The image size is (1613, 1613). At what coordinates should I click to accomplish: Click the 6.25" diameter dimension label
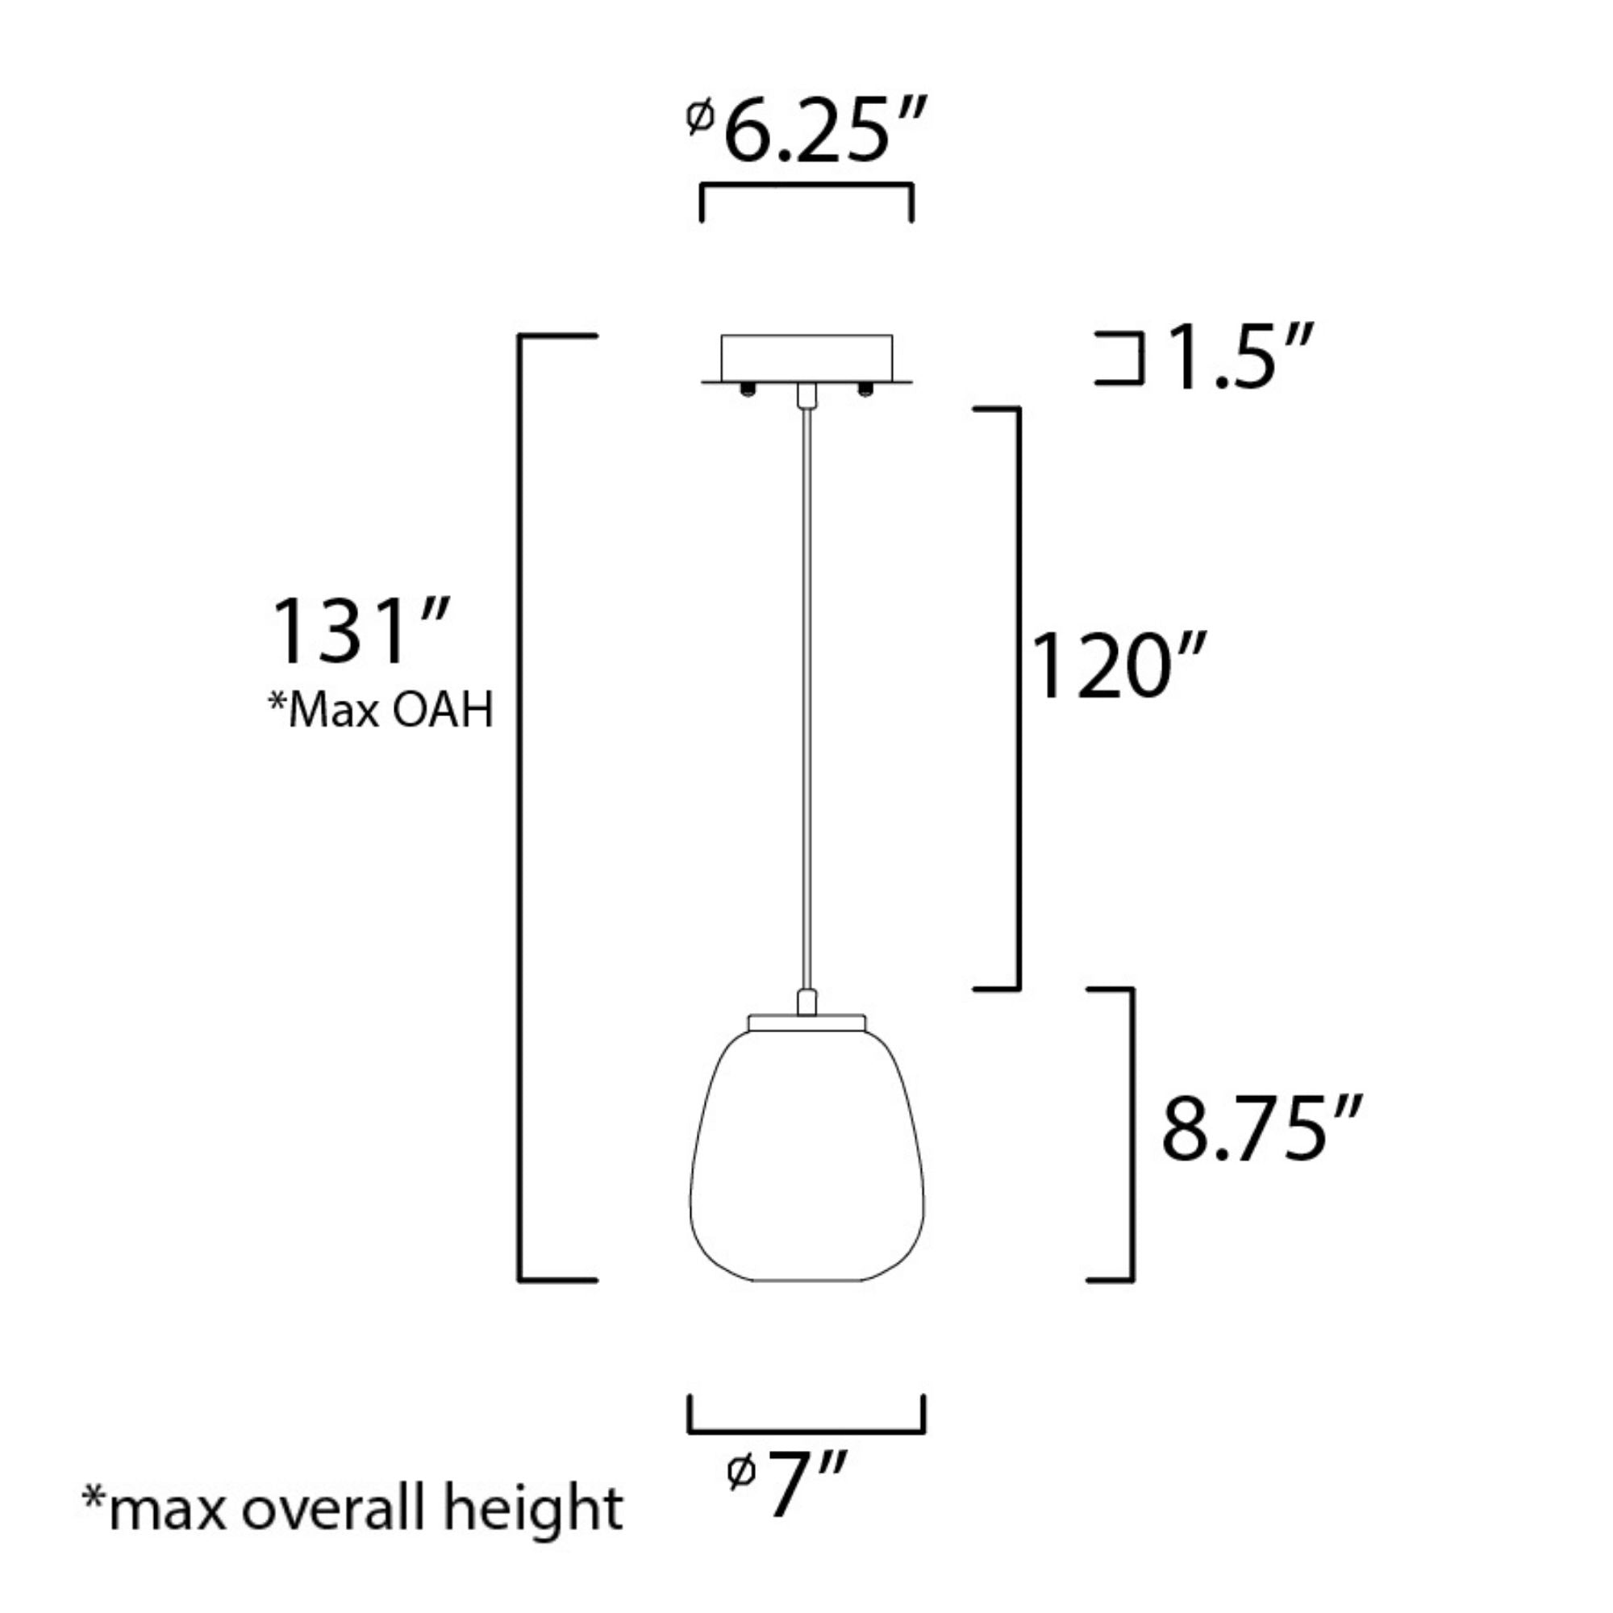click(x=823, y=131)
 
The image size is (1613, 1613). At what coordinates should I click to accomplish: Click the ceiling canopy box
click(x=806, y=357)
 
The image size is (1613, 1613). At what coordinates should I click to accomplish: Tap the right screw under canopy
click(x=865, y=389)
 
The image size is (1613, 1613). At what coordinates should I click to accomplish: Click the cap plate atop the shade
click(x=806, y=1022)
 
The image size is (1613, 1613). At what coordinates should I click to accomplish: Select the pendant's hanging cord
click(x=806, y=693)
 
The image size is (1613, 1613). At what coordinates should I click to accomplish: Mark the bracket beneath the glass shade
click(x=806, y=1431)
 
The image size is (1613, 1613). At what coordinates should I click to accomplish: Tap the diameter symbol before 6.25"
click(x=699, y=118)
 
